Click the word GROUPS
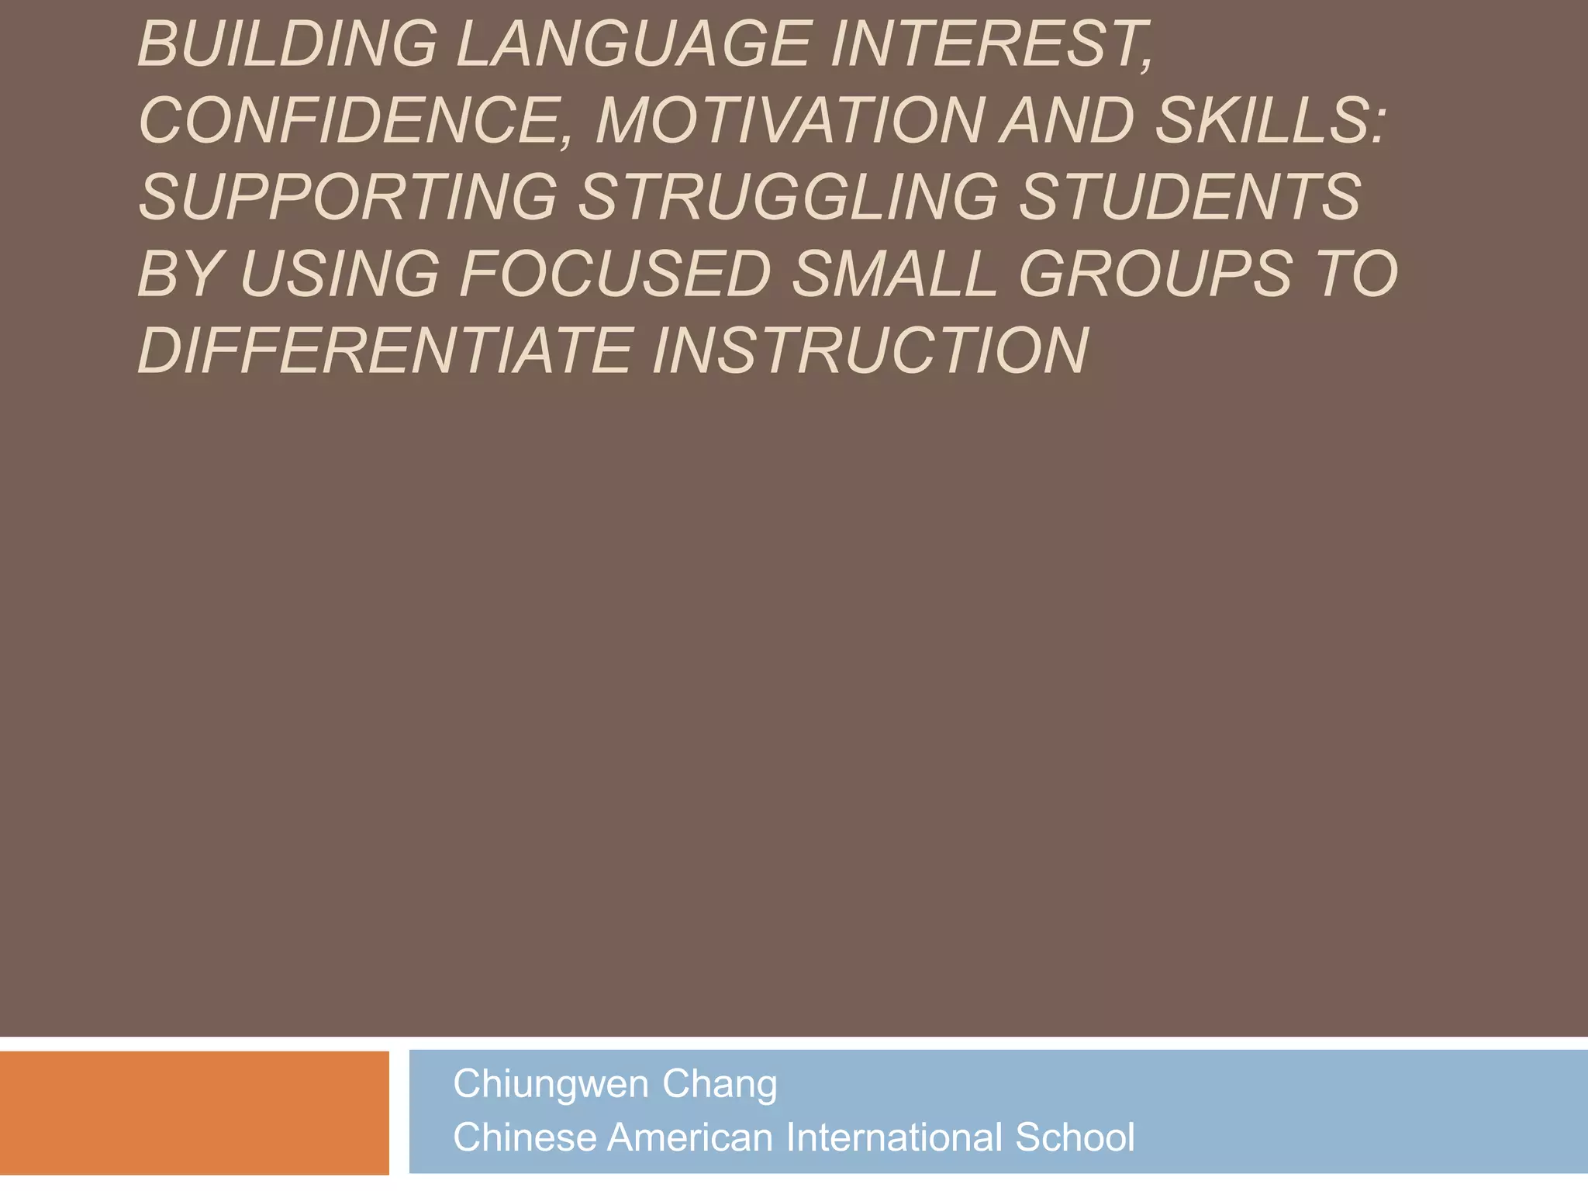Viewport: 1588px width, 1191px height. pos(1155,273)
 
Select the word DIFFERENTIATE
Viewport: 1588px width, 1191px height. pos(385,350)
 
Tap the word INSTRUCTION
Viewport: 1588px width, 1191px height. pos(870,350)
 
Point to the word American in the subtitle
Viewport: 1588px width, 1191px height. pos(690,1137)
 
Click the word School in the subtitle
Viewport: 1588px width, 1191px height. pos(1075,1137)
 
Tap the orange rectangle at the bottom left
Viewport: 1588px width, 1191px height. pos(194,1113)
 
